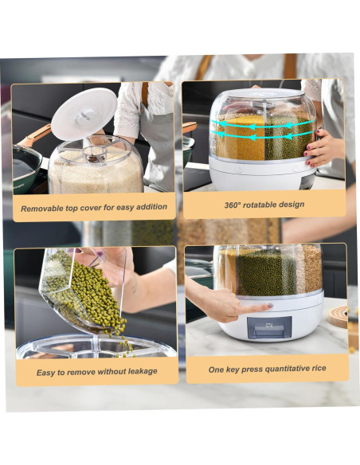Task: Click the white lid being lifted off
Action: [x=84, y=114]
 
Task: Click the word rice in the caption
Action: [x=319, y=368]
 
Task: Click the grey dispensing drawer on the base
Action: [x=269, y=327]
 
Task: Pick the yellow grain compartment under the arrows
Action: [x=241, y=138]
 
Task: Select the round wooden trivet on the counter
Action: [x=337, y=317]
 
